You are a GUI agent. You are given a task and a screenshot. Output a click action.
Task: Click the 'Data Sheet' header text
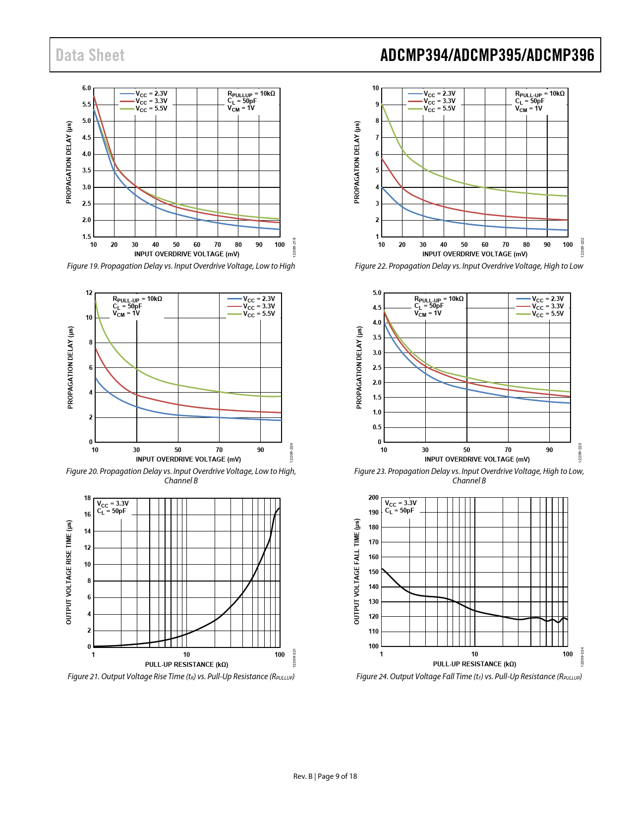click(x=90, y=55)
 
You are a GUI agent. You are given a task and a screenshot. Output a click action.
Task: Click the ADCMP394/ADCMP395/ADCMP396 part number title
click(x=487, y=55)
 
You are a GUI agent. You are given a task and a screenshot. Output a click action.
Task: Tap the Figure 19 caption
click(x=181, y=266)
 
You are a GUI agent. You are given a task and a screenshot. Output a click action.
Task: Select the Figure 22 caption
click(x=469, y=266)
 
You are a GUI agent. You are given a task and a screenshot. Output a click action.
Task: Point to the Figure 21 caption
click(x=181, y=677)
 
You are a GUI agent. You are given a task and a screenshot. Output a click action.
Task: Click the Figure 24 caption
click(x=469, y=677)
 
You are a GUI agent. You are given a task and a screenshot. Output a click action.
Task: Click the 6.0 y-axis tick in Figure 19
click(x=87, y=88)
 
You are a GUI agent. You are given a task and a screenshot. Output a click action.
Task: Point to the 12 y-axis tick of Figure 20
click(x=89, y=293)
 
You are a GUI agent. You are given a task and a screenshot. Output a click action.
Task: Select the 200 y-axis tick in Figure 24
click(x=374, y=498)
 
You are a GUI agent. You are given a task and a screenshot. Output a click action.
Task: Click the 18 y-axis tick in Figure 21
click(x=88, y=498)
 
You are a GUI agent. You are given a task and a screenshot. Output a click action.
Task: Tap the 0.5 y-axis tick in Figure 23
click(x=377, y=427)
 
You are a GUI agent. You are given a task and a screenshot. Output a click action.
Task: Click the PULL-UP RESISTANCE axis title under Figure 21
click(x=186, y=664)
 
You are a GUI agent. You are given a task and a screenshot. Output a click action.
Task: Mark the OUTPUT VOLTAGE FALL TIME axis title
click(x=357, y=572)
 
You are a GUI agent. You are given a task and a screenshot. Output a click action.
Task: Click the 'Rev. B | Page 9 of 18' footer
click(x=325, y=776)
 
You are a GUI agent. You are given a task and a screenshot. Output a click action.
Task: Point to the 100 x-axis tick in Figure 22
click(x=568, y=244)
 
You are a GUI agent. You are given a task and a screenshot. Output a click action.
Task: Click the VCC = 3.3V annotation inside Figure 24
click(x=401, y=503)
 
